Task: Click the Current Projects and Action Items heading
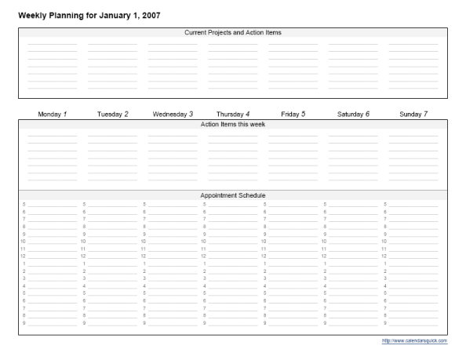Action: pos(232,32)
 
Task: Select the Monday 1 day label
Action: pos(53,114)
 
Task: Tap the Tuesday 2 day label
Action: pos(113,114)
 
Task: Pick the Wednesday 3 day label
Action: pos(173,114)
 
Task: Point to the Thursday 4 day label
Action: pos(233,114)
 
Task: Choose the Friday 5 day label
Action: pos(293,114)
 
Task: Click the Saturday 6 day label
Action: pos(353,114)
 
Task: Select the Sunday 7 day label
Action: pos(413,114)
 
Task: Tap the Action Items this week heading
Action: pos(232,124)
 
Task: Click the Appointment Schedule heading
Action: pos(232,195)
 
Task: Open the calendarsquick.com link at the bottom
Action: pos(414,340)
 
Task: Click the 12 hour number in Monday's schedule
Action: pos(23,256)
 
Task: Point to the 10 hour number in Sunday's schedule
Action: pos(384,241)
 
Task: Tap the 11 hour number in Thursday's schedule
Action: pos(203,249)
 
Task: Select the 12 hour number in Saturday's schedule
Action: pos(324,256)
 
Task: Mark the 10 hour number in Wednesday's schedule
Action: pos(144,241)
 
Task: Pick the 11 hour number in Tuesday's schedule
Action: pos(83,249)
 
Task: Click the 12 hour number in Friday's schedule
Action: pos(264,256)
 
